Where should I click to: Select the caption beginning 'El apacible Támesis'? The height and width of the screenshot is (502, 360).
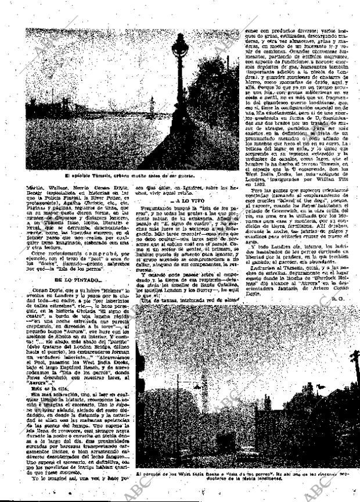129,175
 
